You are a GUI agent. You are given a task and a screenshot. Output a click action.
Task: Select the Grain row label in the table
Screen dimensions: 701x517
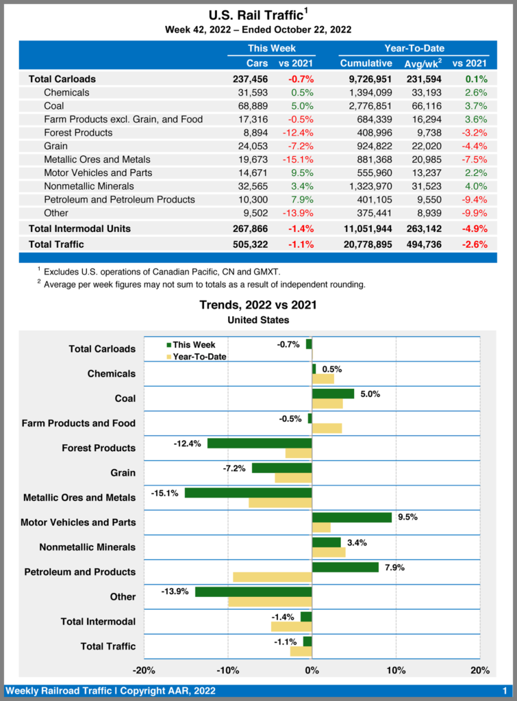pos(56,146)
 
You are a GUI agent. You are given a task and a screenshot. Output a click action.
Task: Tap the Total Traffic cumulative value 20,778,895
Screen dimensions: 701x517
pos(366,244)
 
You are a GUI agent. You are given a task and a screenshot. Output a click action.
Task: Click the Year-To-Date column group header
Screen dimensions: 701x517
pos(414,49)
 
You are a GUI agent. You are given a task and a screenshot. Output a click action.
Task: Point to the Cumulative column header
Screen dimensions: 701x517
pos(366,63)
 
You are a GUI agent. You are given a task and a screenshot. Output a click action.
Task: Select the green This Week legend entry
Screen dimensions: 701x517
pos(191,344)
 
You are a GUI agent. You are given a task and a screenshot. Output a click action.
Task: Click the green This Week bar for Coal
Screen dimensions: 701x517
pos(333,394)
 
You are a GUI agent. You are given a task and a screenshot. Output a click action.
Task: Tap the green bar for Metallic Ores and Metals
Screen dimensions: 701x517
pos(248,493)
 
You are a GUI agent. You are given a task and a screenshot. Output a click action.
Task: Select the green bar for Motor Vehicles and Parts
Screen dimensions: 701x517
pos(351,518)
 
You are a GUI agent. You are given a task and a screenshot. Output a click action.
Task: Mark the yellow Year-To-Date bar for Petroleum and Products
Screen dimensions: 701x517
pos(273,577)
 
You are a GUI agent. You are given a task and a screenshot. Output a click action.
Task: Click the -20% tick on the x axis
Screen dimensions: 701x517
pos(143,670)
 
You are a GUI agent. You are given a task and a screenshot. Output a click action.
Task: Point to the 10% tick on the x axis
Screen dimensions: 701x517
pos(396,670)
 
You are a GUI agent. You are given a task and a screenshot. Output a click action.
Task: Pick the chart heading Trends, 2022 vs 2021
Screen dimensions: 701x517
pos(258,305)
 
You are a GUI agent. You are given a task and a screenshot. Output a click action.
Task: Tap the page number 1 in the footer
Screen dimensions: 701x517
pos(504,691)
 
